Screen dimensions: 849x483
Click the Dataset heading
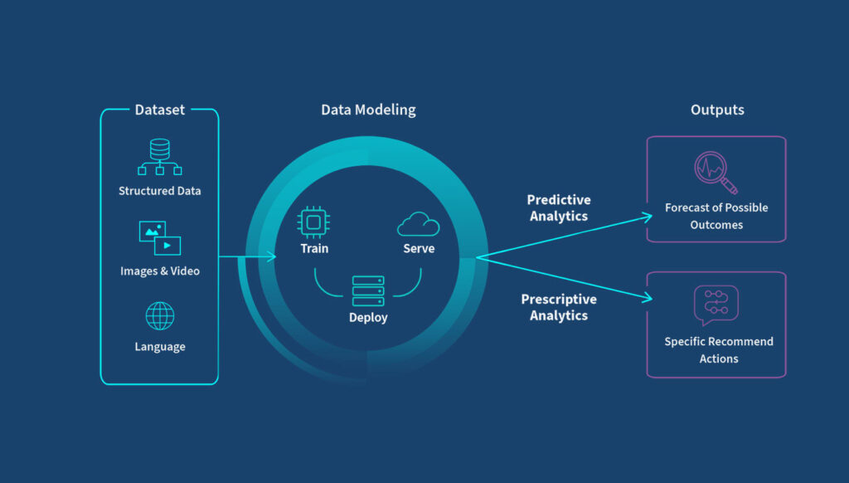click(160, 110)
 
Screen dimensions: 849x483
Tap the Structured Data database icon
click(160, 157)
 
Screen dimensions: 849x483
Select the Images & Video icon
click(160, 237)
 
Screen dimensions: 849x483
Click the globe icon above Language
click(160, 316)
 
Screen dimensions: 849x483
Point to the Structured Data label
click(160, 191)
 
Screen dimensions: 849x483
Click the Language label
click(160, 347)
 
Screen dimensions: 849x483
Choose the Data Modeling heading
click(369, 110)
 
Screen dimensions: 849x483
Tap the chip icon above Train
click(313, 222)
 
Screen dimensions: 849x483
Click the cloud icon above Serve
click(419, 224)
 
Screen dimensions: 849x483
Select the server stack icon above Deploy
click(368, 291)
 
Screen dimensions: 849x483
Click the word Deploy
click(368, 318)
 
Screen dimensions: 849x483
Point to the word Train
click(314, 248)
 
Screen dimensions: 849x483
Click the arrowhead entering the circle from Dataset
click(271, 256)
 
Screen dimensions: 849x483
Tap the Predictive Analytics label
click(559, 208)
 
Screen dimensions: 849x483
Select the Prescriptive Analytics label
click(559, 307)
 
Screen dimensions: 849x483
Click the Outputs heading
click(717, 110)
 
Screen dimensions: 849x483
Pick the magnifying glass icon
click(716, 173)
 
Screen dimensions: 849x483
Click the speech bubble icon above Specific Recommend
click(716, 305)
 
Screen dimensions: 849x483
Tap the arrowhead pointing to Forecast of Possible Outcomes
click(648, 217)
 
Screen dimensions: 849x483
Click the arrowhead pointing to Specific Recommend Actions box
click(648, 297)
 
